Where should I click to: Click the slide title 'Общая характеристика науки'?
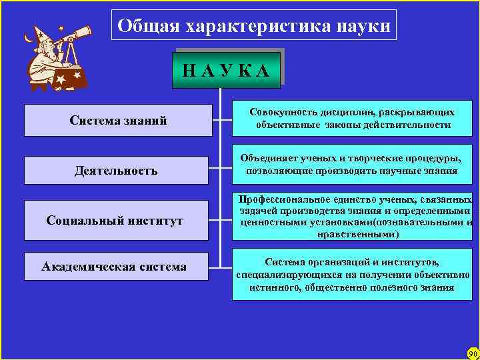point(253,26)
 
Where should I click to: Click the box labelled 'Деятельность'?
point(117,171)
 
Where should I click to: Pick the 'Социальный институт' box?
point(117,221)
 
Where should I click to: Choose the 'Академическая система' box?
point(117,267)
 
